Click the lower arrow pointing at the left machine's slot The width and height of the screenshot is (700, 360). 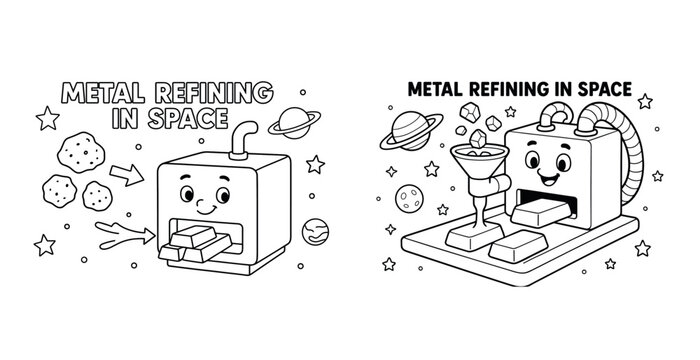tap(125, 233)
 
